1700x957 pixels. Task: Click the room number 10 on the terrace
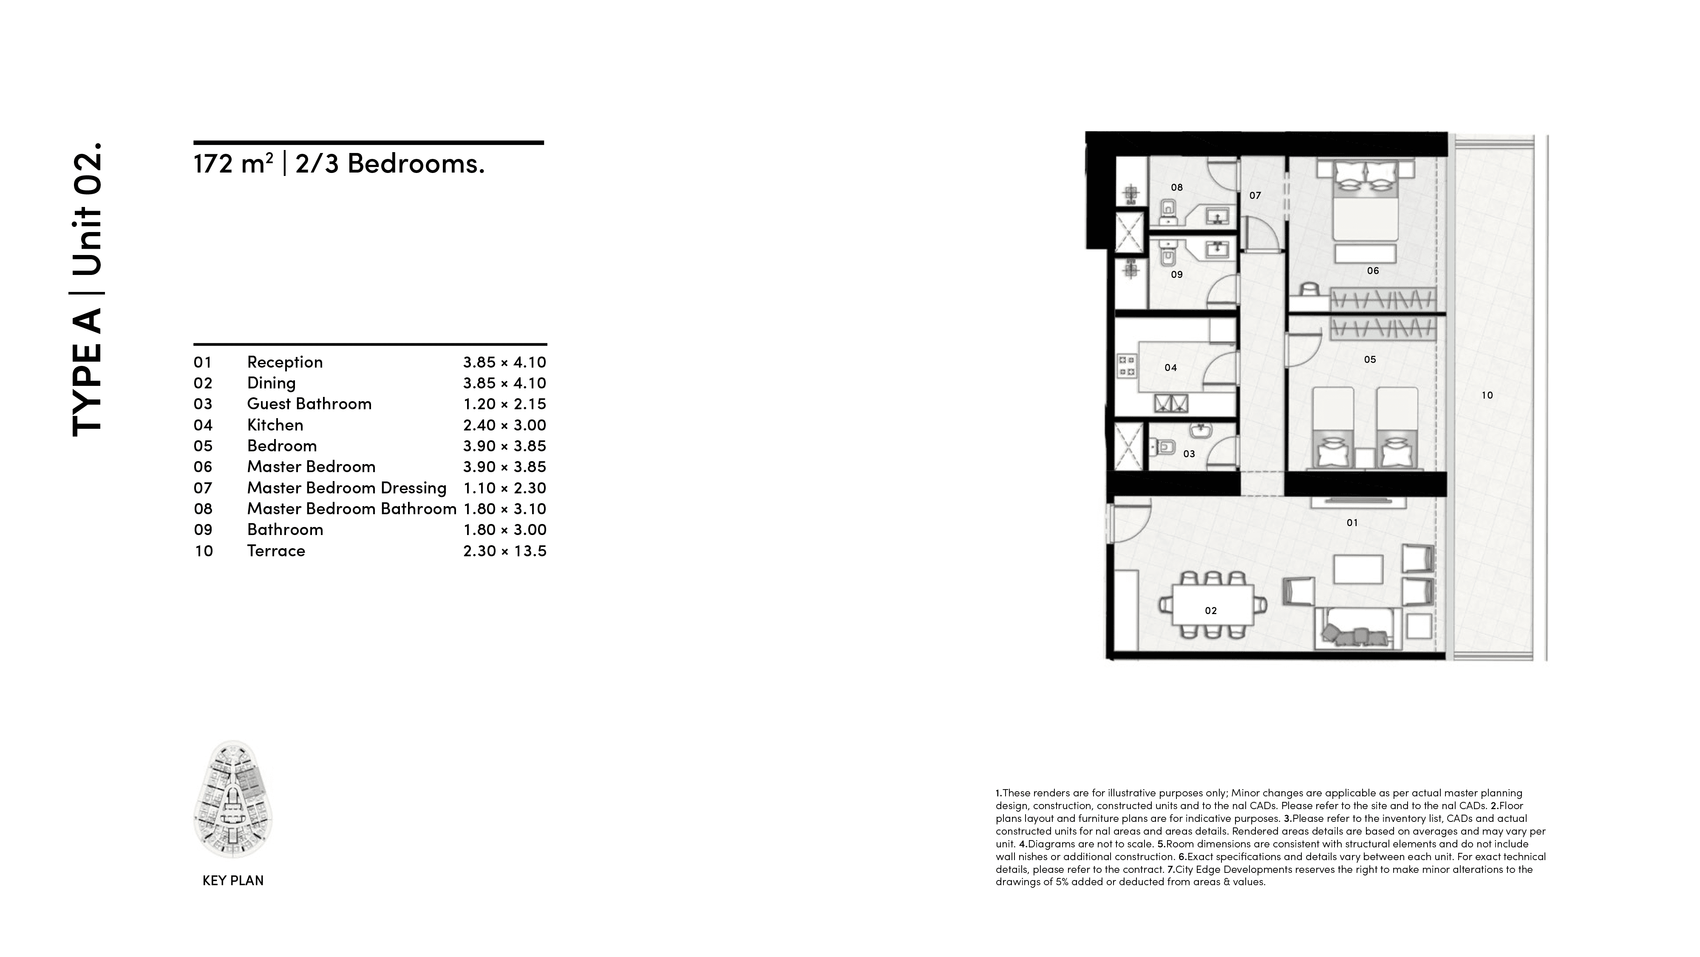pos(1487,395)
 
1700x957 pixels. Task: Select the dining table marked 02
pos(1212,605)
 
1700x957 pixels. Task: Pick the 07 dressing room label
pos(1255,195)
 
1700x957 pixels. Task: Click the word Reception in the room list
pos(284,362)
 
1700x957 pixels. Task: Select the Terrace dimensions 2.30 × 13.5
pos(504,551)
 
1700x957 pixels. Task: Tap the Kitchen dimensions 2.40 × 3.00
pos(504,425)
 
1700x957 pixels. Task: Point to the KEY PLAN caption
pos(233,881)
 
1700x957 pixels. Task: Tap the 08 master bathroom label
pos(1177,187)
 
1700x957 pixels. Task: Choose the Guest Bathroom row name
pos(309,404)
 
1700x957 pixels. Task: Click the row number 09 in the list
pos(203,530)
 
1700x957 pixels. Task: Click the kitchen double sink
pos(1171,403)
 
